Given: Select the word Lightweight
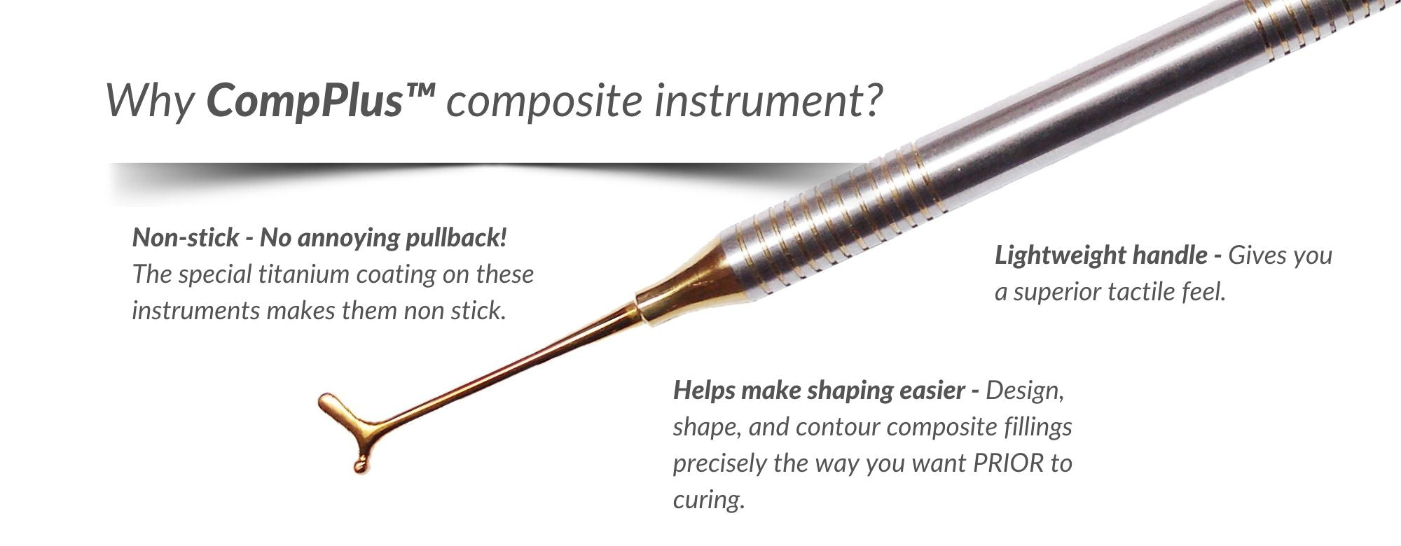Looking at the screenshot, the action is [1059, 256].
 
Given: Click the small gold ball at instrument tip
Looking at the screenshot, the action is [359, 463].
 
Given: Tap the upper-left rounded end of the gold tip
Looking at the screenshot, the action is [325, 401].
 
